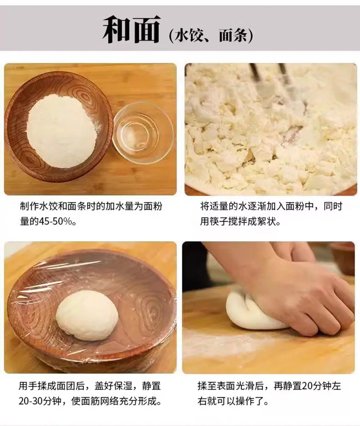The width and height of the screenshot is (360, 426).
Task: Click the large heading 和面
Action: (x=131, y=29)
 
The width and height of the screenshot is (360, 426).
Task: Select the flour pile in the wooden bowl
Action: (x=62, y=131)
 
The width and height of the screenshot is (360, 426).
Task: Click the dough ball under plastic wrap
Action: (x=87, y=315)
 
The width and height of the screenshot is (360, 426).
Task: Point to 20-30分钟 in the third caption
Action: (x=40, y=401)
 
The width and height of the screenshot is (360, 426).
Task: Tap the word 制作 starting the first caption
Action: (x=29, y=207)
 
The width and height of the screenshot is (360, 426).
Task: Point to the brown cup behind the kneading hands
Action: (x=343, y=258)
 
